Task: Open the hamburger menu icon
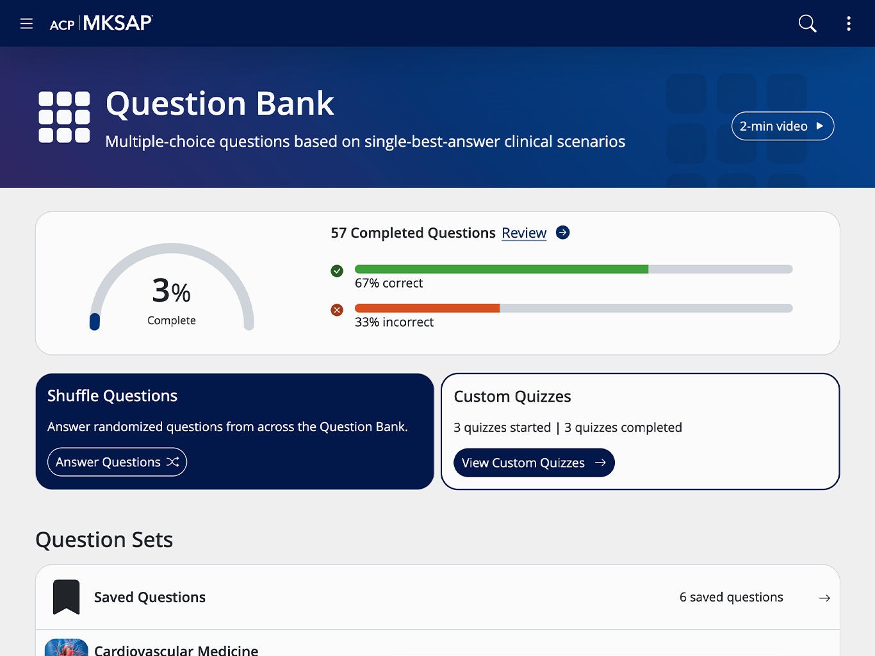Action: tap(26, 24)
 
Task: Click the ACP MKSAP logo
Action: tap(101, 23)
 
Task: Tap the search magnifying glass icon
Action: tap(807, 24)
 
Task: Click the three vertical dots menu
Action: tap(849, 24)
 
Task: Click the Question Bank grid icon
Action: tap(64, 117)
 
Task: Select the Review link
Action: tap(524, 233)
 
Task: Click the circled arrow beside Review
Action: tap(562, 233)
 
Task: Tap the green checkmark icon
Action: tap(337, 271)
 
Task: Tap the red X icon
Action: tap(337, 309)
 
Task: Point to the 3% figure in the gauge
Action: tap(172, 291)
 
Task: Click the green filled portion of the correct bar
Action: tap(502, 269)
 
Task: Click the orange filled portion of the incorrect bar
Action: tap(427, 308)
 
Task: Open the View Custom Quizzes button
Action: tap(534, 463)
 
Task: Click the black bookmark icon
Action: tap(66, 596)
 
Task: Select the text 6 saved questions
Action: tap(731, 597)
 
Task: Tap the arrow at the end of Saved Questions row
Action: tap(824, 598)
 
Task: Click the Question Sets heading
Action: tap(104, 539)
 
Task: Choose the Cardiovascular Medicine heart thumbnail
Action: tap(66, 647)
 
